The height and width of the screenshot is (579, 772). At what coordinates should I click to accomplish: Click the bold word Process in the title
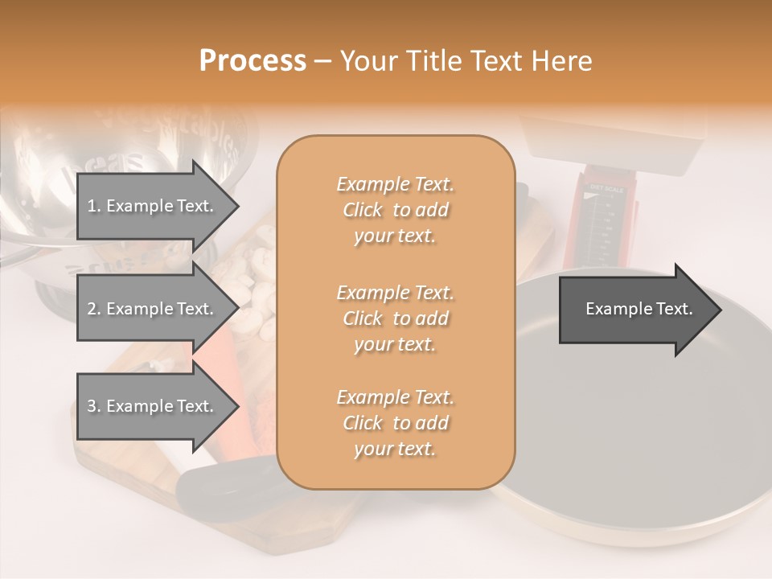(253, 61)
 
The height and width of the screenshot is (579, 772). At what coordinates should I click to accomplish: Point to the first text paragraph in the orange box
(395, 210)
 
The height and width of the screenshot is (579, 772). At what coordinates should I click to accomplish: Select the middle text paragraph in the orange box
(395, 318)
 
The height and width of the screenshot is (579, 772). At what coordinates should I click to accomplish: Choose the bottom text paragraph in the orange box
(395, 423)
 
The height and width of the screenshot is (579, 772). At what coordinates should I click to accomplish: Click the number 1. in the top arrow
(94, 206)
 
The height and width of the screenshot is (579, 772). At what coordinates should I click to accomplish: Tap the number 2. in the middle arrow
(94, 309)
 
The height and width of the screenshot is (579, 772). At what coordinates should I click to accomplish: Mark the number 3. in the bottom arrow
(94, 406)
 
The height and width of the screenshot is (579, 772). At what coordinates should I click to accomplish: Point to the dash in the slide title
(322, 61)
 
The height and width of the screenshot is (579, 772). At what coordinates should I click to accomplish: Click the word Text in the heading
(498, 61)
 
